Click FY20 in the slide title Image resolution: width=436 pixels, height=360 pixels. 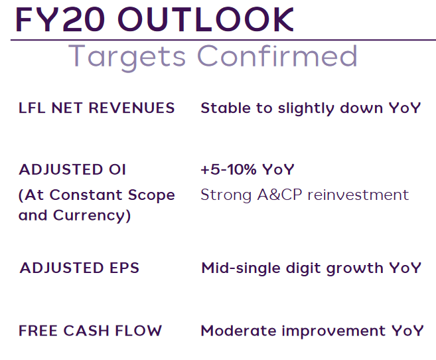(x=60, y=19)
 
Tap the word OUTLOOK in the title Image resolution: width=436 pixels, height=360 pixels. (x=206, y=19)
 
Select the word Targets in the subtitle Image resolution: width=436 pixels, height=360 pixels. (x=127, y=56)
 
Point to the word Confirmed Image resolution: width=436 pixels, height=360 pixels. (x=277, y=56)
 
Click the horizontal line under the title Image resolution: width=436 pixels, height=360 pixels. (x=223, y=40)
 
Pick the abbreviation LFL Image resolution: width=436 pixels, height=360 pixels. (x=32, y=108)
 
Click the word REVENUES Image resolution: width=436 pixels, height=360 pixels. (x=131, y=108)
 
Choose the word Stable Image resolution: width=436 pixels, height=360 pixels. (x=226, y=108)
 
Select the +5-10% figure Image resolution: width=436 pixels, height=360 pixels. (x=228, y=169)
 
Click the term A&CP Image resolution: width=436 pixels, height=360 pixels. (x=279, y=195)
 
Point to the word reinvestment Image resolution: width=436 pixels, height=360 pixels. (x=358, y=195)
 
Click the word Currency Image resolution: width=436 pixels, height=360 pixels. (x=92, y=216)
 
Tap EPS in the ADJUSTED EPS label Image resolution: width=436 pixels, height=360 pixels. (x=124, y=268)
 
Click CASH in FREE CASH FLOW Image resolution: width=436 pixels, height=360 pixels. (x=86, y=331)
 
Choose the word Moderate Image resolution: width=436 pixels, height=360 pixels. (x=239, y=331)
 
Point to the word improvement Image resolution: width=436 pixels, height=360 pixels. (x=334, y=331)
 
